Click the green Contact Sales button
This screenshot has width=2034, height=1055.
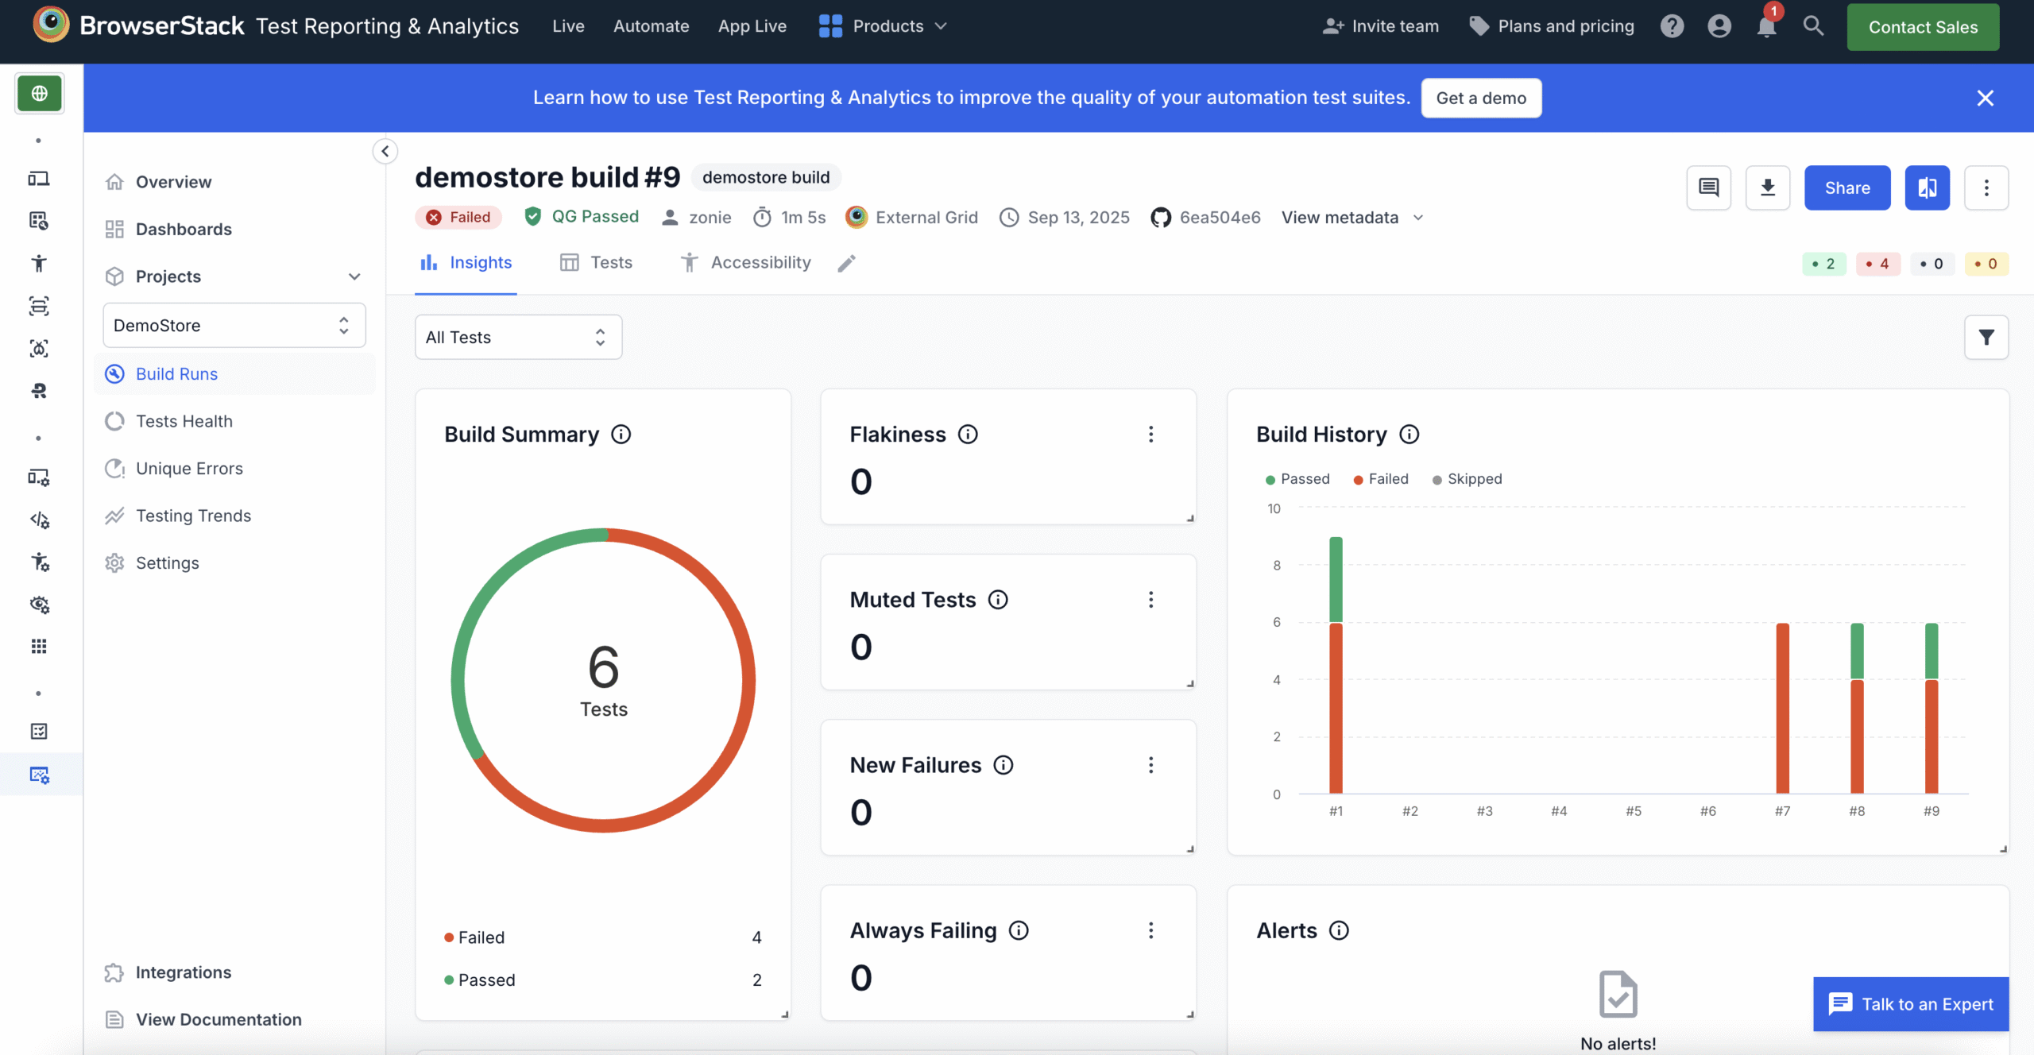1922,27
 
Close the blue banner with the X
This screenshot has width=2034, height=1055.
1985,98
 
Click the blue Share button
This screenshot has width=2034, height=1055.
1846,188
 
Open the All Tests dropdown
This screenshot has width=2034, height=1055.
518,338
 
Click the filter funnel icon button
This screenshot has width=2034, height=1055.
1986,338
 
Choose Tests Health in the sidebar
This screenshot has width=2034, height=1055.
184,421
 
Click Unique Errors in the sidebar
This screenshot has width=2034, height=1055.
189,469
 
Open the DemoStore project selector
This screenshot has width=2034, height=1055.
234,326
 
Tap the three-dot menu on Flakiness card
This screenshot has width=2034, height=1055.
1150,435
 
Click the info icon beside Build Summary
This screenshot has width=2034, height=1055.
621,435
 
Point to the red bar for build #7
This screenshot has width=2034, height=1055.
1782,707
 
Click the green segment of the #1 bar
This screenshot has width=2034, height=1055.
1336,580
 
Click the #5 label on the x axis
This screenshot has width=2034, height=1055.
1634,811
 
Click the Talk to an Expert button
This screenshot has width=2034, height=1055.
1911,1004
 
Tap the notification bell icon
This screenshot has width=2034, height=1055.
1766,27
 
